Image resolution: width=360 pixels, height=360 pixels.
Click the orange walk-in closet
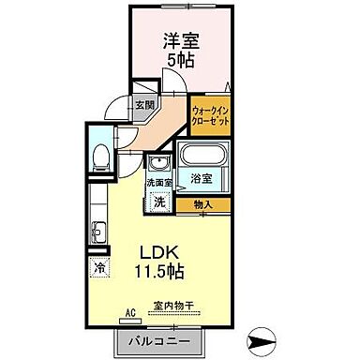tap(212, 117)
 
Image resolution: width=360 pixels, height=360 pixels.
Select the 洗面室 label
tap(157, 184)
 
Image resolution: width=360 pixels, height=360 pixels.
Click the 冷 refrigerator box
tap(100, 268)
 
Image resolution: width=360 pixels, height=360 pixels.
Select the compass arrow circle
tap(266, 337)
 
